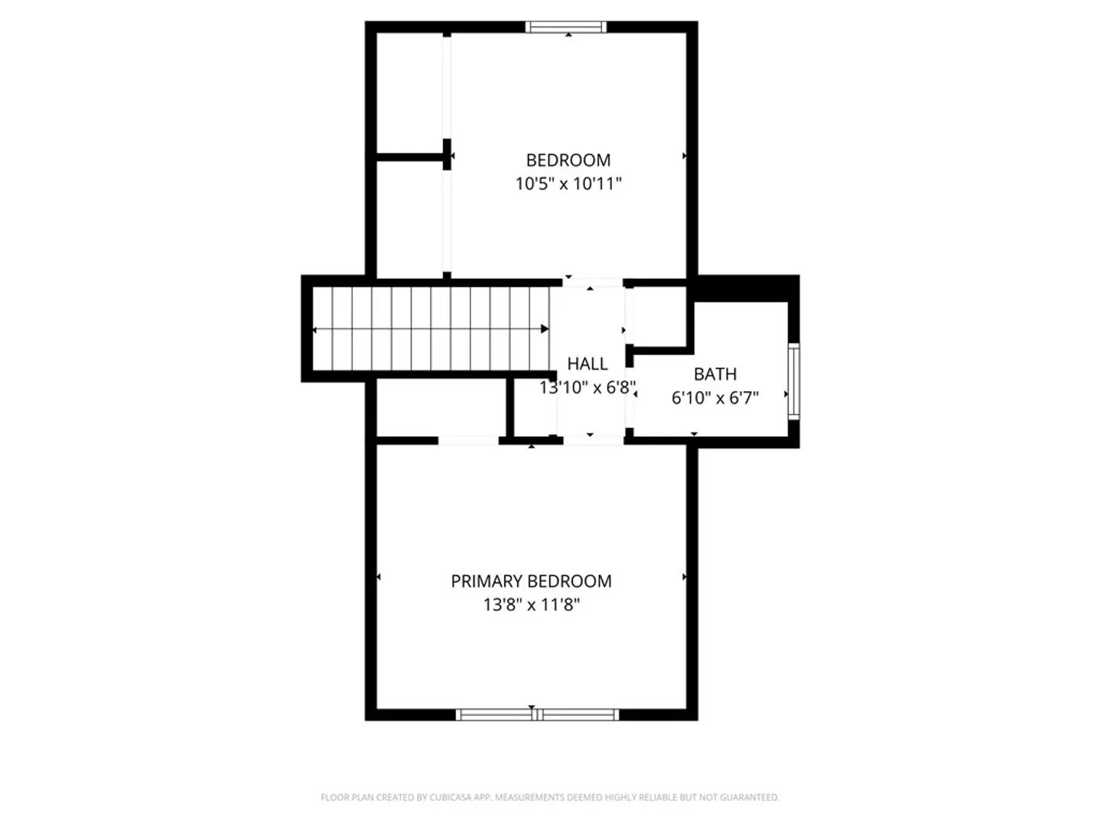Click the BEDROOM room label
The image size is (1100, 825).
point(568,160)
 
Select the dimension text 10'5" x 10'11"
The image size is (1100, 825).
point(568,184)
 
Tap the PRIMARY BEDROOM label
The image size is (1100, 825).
point(531,581)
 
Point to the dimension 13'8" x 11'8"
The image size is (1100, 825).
point(531,604)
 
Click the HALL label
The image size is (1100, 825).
point(587,364)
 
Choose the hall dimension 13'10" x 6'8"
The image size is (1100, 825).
point(587,387)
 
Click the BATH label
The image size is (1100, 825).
point(715,374)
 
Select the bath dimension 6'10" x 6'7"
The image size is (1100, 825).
point(715,398)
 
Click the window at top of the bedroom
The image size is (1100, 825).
point(566,27)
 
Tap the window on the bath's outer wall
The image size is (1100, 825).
point(794,381)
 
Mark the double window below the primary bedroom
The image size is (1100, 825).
point(537,715)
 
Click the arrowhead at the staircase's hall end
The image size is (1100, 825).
point(545,329)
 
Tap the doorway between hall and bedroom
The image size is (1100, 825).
point(593,283)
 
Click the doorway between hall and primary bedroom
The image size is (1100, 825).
point(594,440)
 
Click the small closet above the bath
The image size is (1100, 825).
point(659,316)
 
